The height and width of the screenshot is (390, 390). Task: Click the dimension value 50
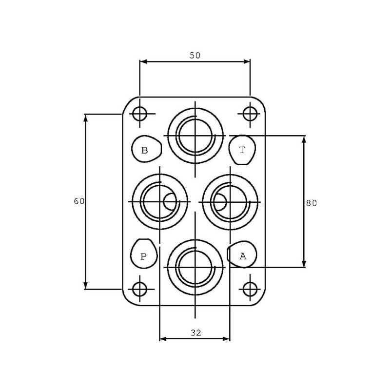click(x=195, y=56)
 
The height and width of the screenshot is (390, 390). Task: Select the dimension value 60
click(x=79, y=201)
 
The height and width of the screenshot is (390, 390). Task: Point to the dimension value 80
click(x=312, y=203)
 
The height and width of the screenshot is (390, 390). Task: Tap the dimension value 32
click(x=196, y=332)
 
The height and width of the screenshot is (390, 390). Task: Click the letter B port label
click(x=144, y=150)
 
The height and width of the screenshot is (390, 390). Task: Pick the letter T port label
click(x=242, y=150)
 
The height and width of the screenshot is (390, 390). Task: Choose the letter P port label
click(x=143, y=256)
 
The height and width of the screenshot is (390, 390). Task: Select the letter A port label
click(x=243, y=256)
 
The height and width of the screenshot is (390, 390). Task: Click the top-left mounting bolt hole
click(x=140, y=114)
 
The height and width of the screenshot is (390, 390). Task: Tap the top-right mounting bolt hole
click(x=250, y=114)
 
